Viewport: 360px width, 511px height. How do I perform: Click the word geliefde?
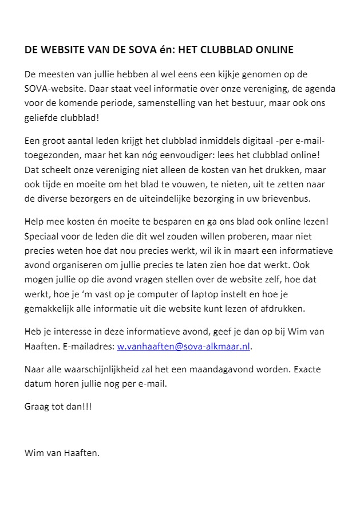(x=41, y=117)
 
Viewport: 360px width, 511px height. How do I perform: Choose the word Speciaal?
(x=42, y=236)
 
